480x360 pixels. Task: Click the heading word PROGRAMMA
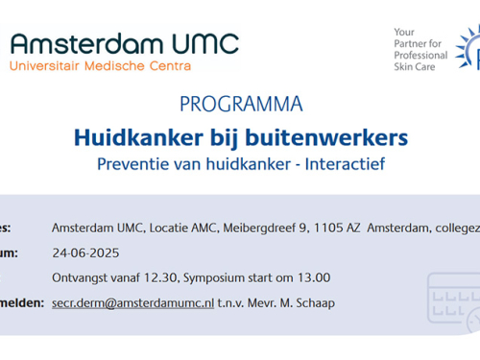(241, 104)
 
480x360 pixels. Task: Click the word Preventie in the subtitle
(131, 163)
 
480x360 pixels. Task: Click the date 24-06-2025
(84, 252)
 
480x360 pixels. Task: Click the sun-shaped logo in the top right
(469, 53)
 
